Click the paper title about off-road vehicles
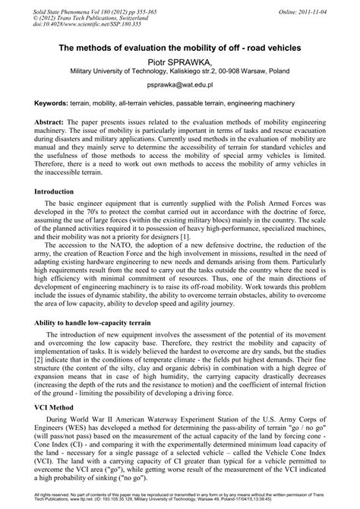[x=180, y=48]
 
